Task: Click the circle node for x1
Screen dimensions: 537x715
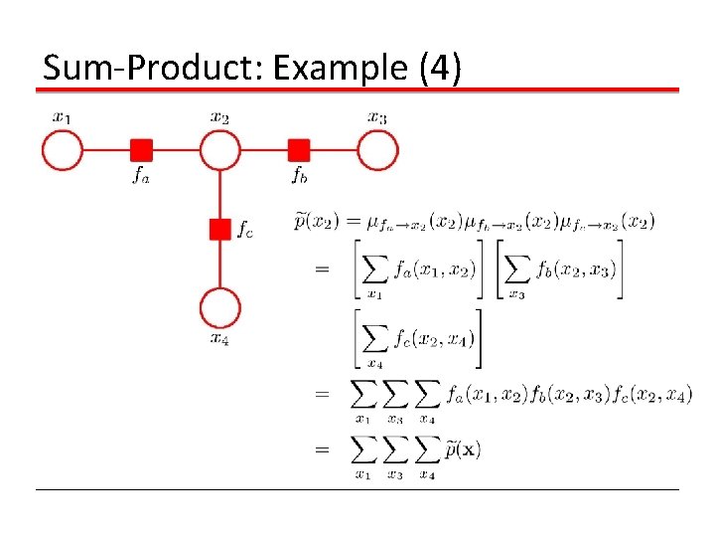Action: pyautogui.click(x=62, y=151)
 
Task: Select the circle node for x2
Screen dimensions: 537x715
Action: pyautogui.click(x=220, y=151)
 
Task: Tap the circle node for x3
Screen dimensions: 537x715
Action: pyautogui.click(x=378, y=151)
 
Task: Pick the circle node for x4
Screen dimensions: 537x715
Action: pyautogui.click(x=220, y=308)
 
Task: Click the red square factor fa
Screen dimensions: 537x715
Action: pyautogui.click(x=141, y=150)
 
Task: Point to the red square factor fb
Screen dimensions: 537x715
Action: pyautogui.click(x=299, y=150)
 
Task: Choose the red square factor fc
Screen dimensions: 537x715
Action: pyautogui.click(x=220, y=230)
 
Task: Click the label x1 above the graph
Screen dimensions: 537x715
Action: pyautogui.click(x=62, y=117)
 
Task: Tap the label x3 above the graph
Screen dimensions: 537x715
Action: pyautogui.click(x=377, y=117)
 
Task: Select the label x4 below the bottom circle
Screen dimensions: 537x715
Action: pyautogui.click(x=220, y=339)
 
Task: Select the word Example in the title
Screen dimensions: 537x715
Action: pyautogui.click(x=333, y=68)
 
